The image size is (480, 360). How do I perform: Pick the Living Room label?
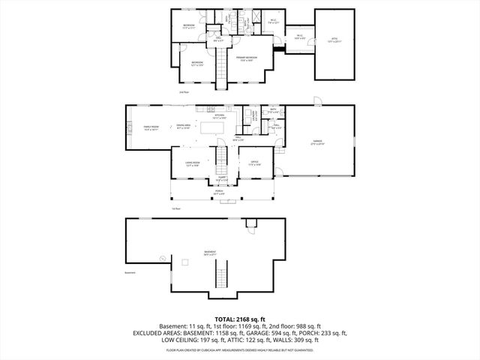[x=193, y=163]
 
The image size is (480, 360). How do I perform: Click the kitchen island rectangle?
[x=211, y=129]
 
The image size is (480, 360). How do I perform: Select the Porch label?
[x=220, y=192]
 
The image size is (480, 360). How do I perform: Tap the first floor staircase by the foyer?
[x=222, y=158]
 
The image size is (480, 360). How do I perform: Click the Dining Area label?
[x=183, y=127]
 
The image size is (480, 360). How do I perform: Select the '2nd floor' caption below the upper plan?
[x=184, y=92]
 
